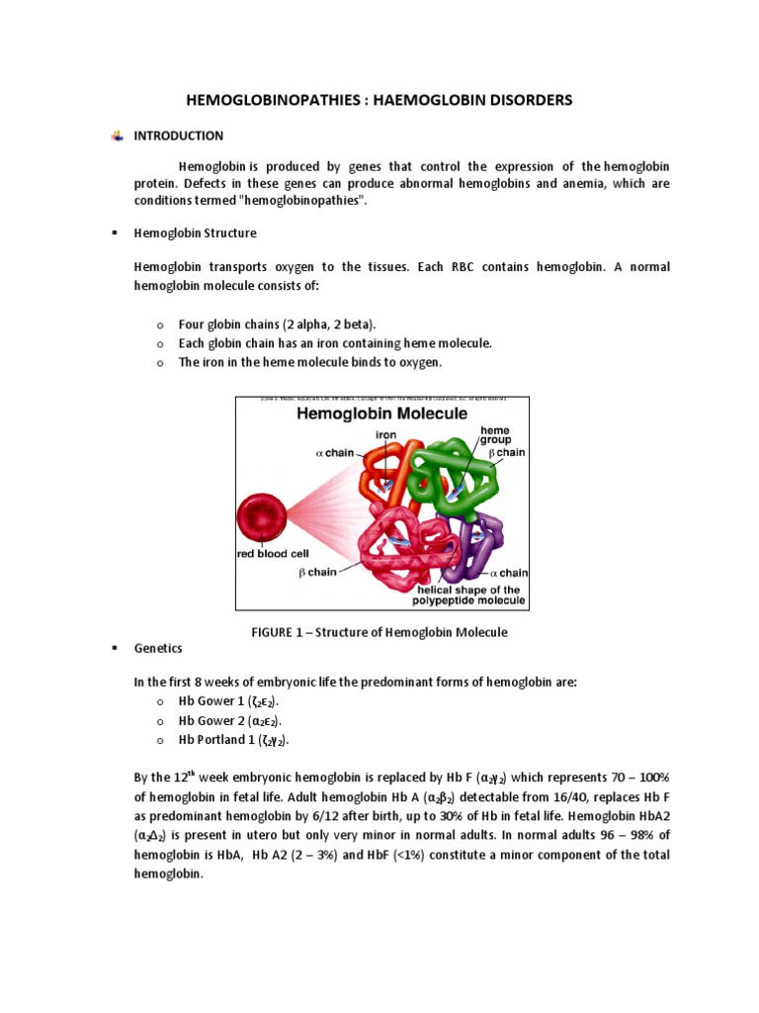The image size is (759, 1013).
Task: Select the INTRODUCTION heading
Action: point(179,136)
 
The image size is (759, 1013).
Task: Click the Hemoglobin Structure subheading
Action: point(195,233)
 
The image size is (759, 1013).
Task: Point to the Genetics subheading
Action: point(158,648)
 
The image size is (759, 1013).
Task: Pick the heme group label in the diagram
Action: point(495,436)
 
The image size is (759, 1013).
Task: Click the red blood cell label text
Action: point(274,554)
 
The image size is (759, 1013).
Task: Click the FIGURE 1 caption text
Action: point(381,632)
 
